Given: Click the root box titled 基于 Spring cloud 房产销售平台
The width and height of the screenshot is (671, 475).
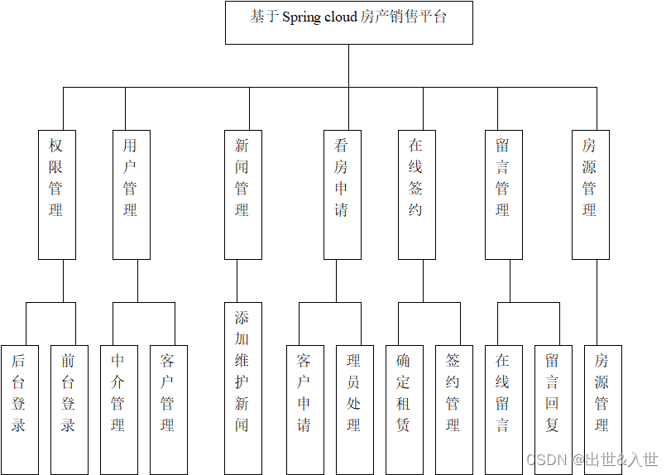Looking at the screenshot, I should click(348, 22).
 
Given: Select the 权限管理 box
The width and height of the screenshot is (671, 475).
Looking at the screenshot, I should click(56, 194).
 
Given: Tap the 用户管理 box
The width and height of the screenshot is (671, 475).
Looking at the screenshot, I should click(131, 194).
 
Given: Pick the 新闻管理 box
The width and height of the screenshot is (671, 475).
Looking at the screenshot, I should click(242, 194).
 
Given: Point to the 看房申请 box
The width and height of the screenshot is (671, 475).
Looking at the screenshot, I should click(342, 194).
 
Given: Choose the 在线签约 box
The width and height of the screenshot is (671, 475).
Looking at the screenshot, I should click(416, 194).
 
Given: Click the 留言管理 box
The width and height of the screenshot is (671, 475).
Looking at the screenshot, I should click(503, 194).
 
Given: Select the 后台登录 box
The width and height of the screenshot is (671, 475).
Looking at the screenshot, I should click(19, 409).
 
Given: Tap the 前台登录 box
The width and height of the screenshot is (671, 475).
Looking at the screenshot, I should click(69, 409).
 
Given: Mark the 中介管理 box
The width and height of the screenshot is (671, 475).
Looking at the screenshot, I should click(118, 409).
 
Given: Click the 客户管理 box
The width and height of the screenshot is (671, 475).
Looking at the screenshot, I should click(168, 409).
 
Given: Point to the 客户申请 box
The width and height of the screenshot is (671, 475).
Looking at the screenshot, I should click(304, 409).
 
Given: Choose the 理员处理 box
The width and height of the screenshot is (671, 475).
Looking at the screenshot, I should click(354, 409).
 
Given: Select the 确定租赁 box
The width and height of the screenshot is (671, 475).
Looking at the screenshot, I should click(404, 409).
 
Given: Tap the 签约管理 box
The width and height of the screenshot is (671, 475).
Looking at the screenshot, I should click(453, 409).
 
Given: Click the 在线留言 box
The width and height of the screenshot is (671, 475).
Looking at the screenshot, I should click(503, 409).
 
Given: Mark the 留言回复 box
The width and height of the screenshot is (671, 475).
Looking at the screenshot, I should click(553, 409).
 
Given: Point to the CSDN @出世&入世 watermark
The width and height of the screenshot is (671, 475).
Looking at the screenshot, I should click(592, 459).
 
